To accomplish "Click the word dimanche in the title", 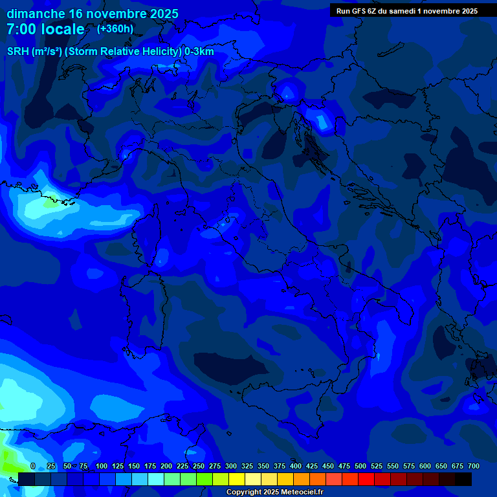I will pos(36,14).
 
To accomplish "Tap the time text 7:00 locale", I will pos(45,29).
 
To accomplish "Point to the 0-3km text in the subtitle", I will pos(199,52).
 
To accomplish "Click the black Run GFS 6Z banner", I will pos(407,11).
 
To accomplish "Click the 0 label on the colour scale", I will pos(33,466).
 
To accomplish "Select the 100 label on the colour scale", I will pos(102,466).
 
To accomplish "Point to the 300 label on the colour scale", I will pos(231,466).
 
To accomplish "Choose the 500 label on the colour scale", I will pos(360,466).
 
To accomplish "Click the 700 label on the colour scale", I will pos(473,466).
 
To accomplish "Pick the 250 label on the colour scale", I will pos(199,466).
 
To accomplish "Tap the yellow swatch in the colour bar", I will pos(237,480).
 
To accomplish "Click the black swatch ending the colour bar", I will pos(463,480).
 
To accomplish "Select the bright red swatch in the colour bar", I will pos(366,480).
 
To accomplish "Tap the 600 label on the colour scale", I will pos(425,466).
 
